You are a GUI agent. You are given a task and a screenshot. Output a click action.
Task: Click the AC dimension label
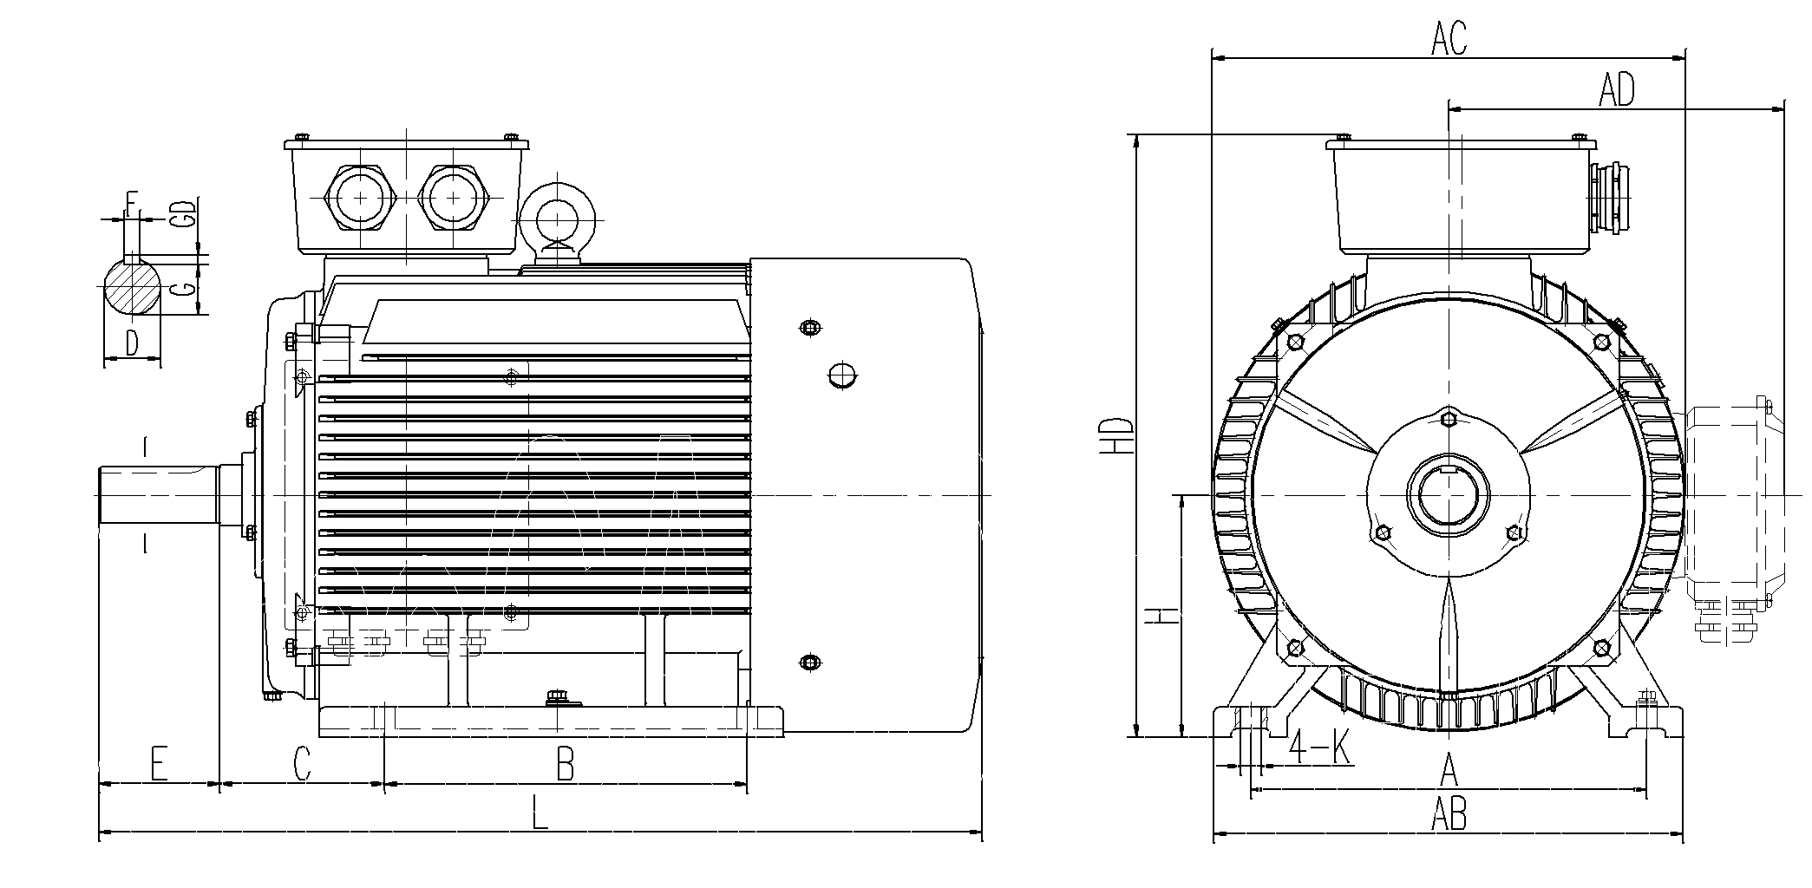pos(1449,39)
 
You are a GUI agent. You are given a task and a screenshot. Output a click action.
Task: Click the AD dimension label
pos(1617,89)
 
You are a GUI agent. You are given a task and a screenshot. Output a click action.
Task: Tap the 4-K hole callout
pos(1320,747)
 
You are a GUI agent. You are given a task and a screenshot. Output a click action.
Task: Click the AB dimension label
pos(1449,815)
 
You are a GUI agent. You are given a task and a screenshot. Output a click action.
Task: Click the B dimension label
pos(565,766)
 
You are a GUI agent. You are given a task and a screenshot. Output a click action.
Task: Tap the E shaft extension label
pos(158,765)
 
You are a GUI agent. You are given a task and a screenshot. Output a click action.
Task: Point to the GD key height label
pos(181,213)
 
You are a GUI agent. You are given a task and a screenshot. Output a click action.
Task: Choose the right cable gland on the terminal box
pos(454,199)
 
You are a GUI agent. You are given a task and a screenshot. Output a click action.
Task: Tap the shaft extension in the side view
pos(158,496)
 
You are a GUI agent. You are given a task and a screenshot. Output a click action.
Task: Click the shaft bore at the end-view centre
pos(1448,496)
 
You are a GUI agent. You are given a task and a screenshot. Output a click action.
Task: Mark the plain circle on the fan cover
pos(841,375)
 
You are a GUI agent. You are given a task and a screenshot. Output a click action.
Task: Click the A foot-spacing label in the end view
pos(1448,767)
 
